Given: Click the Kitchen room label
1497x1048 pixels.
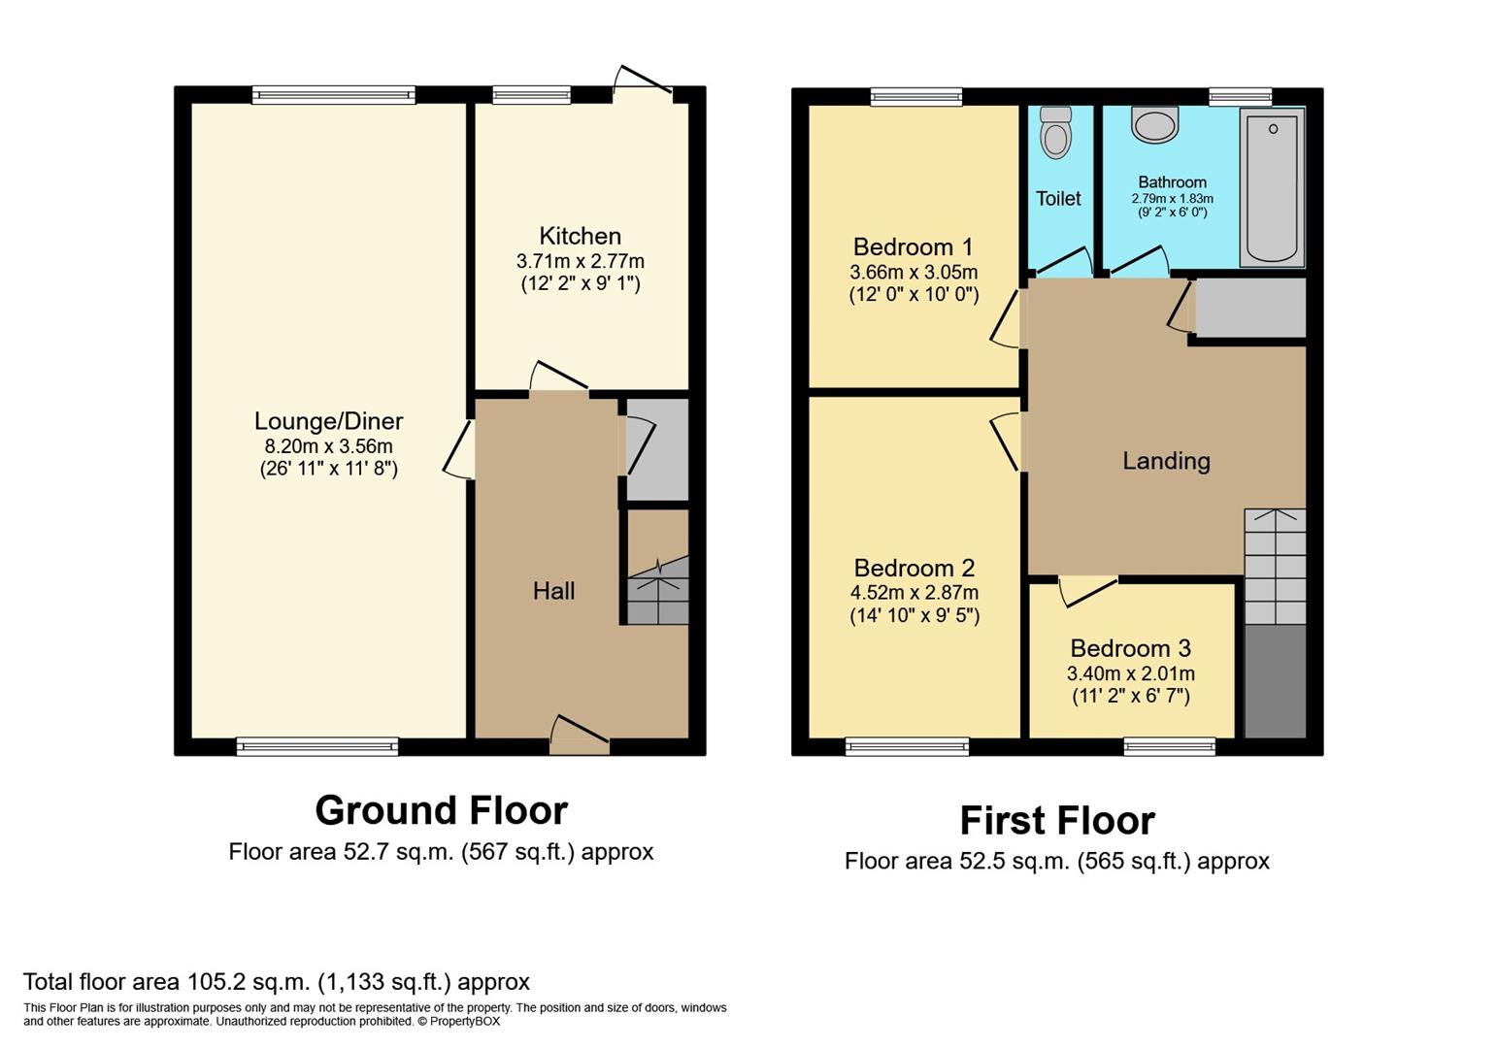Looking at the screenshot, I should pyautogui.click(x=580, y=236).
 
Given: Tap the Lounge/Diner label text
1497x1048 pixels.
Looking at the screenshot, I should pyautogui.click(x=328, y=421).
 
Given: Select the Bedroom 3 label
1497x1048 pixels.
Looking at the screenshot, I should pyautogui.click(x=1130, y=648).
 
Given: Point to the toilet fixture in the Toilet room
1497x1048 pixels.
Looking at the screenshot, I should pyautogui.click(x=1055, y=132).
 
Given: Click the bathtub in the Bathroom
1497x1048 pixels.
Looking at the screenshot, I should pyautogui.click(x=1272, y=186).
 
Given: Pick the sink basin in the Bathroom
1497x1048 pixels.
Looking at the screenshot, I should pyautogui.click(x=1154, y=125).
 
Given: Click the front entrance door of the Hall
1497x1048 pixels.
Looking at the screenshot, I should pyautogui.click(x=580, y=736).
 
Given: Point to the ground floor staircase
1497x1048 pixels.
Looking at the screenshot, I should pyautogui.click(x=658, y=591).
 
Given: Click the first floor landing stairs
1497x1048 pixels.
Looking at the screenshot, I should pyautogui.click(x=1275, y=566).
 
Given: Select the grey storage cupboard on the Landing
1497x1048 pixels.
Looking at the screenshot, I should pyautogui.click(x=1250, y=308).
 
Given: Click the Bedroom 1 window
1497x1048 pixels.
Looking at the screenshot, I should pyautogui.click(x=915, y=96).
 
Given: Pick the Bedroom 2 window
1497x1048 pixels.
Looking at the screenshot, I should pyautogui.click(x=907, y=746).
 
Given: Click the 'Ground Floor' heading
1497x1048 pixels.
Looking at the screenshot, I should pyautogui.click(x=441, y=810).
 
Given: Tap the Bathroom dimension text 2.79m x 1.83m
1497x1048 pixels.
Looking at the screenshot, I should pyautogui.click(x=1172, y=198).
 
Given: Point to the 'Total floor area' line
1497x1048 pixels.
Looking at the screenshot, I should pyautogui.click(x=277, y=981).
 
